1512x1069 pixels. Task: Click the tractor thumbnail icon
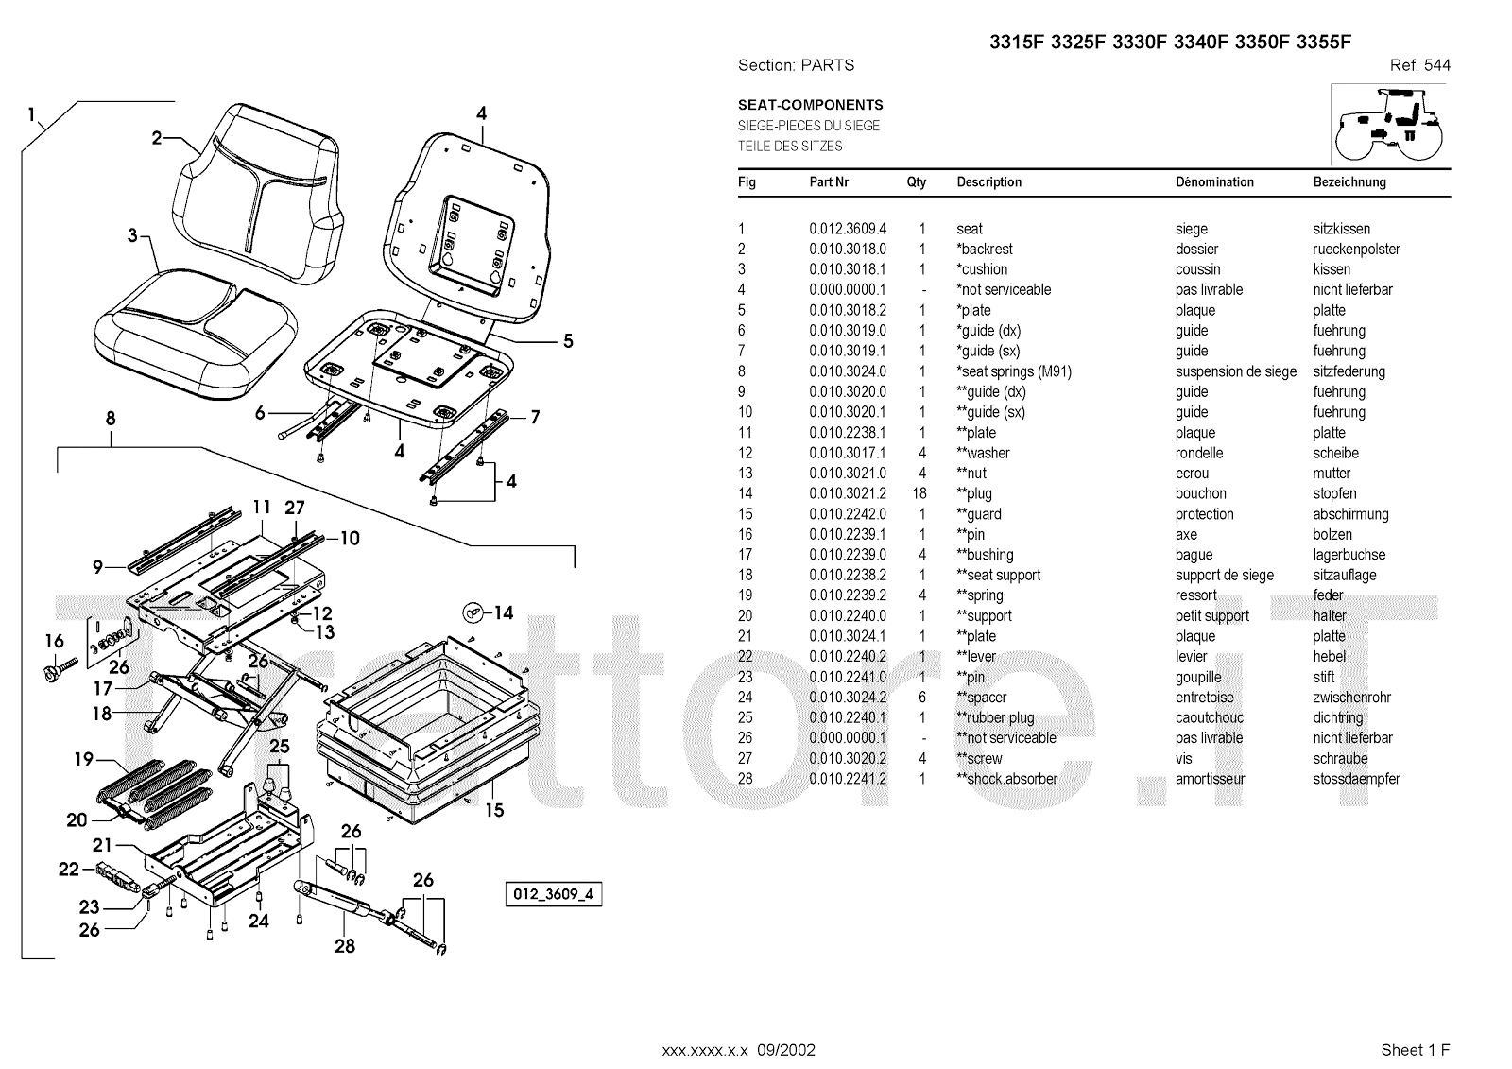click(1389, 124)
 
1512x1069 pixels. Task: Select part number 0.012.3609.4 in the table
click(847, 229)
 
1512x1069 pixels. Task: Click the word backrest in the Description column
click(987, 250)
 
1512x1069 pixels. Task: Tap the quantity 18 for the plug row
click(919, 493)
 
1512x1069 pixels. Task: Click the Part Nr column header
click(829, 182)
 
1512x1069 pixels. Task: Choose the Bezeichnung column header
click(1349, 182)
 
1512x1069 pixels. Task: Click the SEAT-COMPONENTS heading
click(810, 105)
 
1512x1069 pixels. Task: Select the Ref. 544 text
click(1419, 65)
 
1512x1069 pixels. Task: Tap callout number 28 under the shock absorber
click(345, 945)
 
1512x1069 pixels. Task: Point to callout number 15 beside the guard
click(493, 810)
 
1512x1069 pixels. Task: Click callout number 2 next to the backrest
click(158, 138)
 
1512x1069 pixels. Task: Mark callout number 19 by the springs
click(84, 758)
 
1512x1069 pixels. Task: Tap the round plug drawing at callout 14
click(472, 612)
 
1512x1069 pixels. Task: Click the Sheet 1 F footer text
click(1415, 1050)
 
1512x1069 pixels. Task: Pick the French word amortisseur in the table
click(1210, 779)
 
